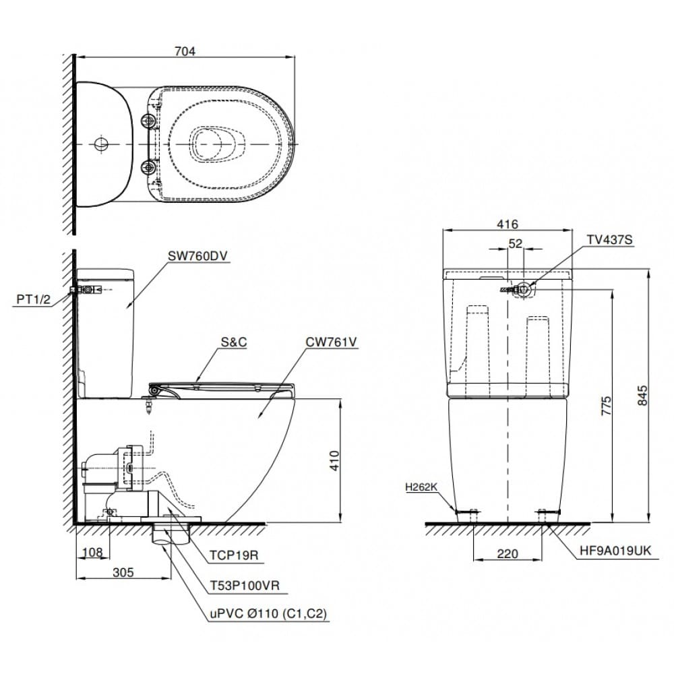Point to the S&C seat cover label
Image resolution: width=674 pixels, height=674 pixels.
point(234,342)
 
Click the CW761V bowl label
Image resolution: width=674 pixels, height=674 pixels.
point(330,342)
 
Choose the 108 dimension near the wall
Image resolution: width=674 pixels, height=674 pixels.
point(91,553)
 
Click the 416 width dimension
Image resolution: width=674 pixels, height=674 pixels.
point(506,224)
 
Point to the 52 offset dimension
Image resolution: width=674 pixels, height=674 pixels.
point(516,245)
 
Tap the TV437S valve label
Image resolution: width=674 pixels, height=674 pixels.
point(610,240)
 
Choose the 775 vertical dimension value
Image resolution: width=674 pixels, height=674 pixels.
point(606,409)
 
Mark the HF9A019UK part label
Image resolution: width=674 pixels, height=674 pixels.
point(615,551)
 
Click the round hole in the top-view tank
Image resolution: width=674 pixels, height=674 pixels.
point(100,144)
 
